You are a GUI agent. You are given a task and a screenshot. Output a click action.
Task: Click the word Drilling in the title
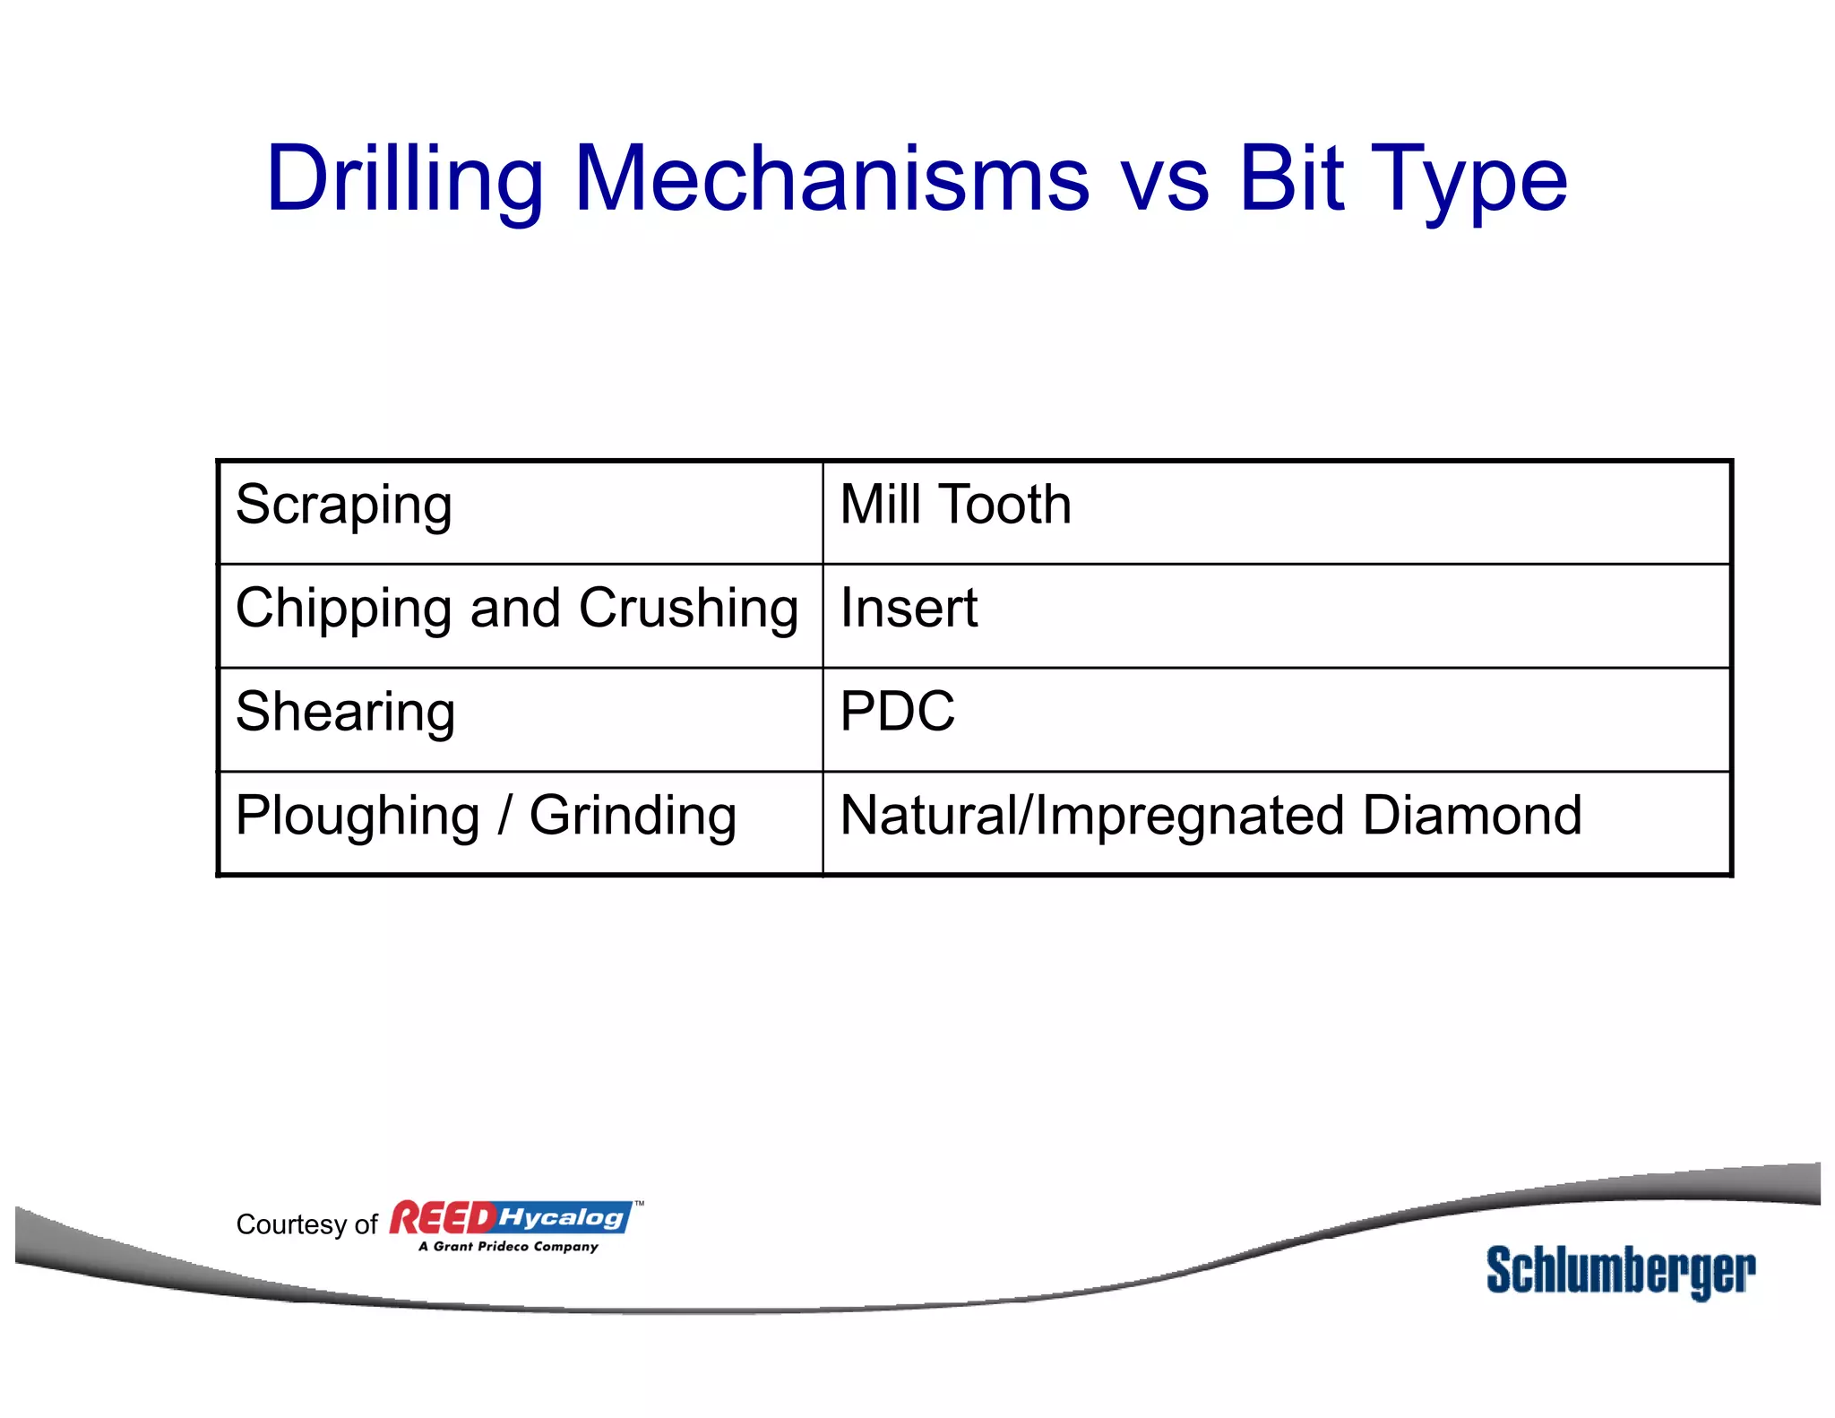tap(405, 179)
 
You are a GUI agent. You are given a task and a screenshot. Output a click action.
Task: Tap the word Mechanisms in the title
tap(831, 179)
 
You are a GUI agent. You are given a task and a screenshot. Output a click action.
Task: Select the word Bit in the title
tap(1291, 179)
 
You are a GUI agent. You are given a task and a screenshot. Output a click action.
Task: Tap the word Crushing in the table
tap(688, 610)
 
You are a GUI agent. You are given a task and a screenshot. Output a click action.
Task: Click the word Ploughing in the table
tap(358, 817)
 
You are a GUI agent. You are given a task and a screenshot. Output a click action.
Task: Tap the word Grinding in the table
tap(633, 817)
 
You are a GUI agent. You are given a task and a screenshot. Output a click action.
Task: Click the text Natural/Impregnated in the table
tap(1091, 817)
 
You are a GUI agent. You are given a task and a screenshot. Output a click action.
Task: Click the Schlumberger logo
tap(1620, 1271)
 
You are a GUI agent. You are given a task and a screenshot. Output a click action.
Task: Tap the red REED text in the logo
tap(443, 1219)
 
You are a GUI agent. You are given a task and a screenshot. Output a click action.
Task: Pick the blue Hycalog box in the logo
tap(563, 1217)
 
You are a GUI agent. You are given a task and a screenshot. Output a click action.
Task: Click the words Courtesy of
tap(306, 1225)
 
